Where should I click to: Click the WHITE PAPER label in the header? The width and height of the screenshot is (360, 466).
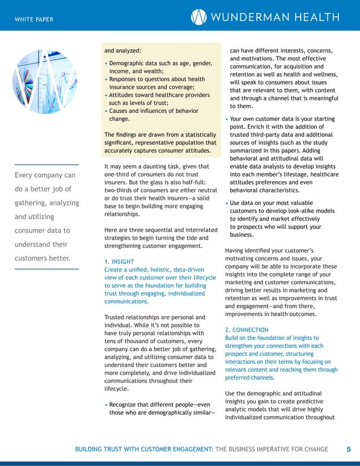pyautogui.click(x=34, y=20)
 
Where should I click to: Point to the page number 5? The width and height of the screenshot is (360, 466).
pyautogui.click(x=348, y=449)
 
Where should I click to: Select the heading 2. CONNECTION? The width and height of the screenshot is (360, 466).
pyautogui.click(x=247, y=329)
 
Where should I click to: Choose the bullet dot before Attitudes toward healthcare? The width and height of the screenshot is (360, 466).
pyautogui.click(x=106, y=95)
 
